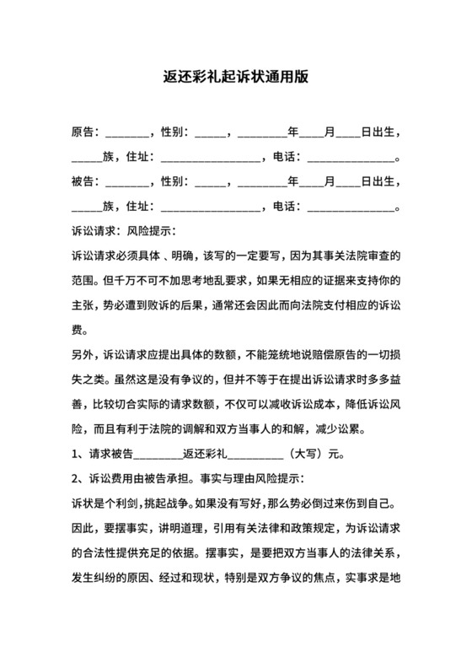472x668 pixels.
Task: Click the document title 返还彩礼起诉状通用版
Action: (x=235, y=76)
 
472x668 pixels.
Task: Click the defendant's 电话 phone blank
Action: (x=351, y=206)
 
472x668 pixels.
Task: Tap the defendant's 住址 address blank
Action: (x=210, y=206)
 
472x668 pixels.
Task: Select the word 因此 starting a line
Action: (x=83, y=528)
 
